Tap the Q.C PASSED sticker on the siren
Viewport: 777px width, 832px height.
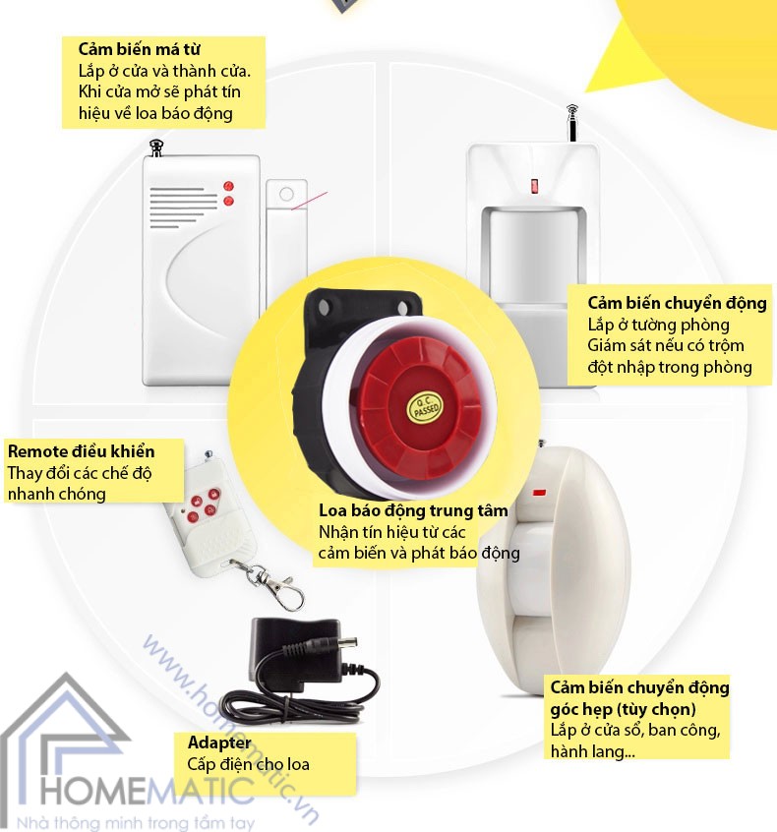coord(426,407)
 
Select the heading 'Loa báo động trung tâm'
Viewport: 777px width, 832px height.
coord(413,510)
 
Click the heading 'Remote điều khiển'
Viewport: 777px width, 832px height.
coord(81,451)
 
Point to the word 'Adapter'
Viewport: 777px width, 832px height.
coord(219,743)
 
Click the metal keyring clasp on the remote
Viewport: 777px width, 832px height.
coord(280,588)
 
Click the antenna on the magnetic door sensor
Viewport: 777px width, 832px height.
coord(154,149)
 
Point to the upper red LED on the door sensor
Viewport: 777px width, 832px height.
coord(228,185)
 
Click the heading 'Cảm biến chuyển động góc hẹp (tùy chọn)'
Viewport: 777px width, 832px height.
coord(638,698)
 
